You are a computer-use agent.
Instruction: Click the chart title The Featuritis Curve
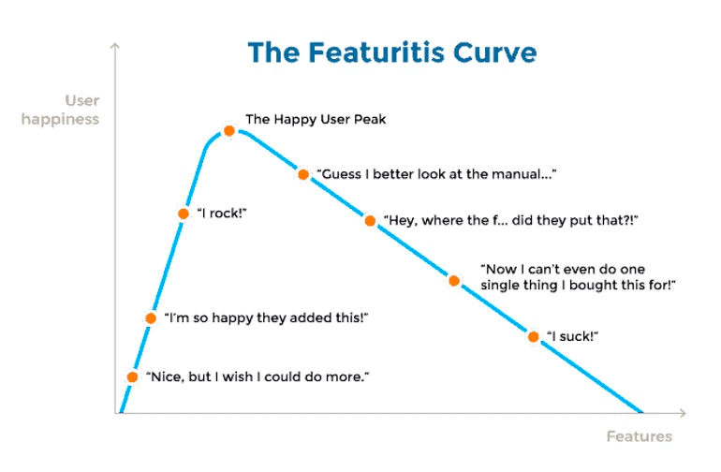pyautogui.click(x=392, y=52)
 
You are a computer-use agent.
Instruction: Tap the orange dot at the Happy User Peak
pyautogui.click(x=229, y=131)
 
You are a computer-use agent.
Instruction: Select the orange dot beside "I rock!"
pyautogui.click(x=184, y=214)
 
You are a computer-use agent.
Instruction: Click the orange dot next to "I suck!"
pyautogui.click(x=534, y=337)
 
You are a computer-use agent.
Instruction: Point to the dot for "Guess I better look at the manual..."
pyautogui.click(x=303, y=174)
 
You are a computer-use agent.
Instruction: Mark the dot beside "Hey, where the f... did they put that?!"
pyautogui.click(x=370, y=221)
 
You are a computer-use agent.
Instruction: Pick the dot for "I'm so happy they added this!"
pyautogui.click(x=151, y=317)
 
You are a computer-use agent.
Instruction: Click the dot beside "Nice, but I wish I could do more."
pyautogui.click(x=132, y=376)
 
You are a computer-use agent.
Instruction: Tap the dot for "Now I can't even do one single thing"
pyautogui.click(x=454, y=281)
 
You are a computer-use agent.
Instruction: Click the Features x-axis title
pyautogui.click(x=640, y=436)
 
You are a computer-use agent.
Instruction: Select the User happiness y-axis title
pyautogui.click(x=60, y=110)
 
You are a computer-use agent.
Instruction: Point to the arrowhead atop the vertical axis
pyautogui.click(x=115, y=45)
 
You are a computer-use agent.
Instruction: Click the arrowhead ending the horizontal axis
pyautogui.click(x=683, y=413)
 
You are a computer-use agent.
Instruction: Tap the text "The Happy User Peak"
pyautogui.click(x=316, y=119)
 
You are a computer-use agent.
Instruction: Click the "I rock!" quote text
pyautogui.click(x=222, y=214)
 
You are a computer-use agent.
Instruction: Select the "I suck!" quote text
pyautogui.click(x=572, y=336)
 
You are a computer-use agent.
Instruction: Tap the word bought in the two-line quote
pyautogui.click(x=593, y=286)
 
